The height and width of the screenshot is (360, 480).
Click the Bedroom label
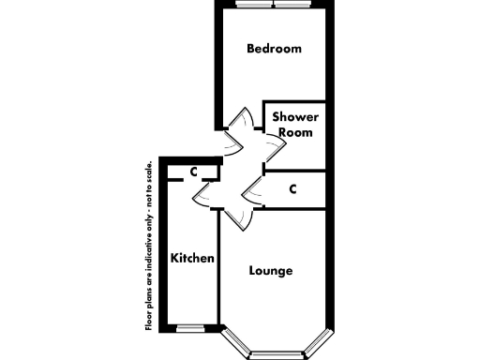click(x=274, y=49)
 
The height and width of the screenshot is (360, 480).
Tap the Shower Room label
click(x=295, y=125)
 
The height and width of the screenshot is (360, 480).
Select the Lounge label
click(x=271, y=271)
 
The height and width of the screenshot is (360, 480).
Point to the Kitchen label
click(x=193, y=258)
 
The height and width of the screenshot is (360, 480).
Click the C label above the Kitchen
click(x=192, y=172)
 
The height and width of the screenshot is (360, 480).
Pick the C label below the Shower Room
click(x=293, y=189)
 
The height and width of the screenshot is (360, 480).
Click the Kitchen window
click(x=190, y=327)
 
